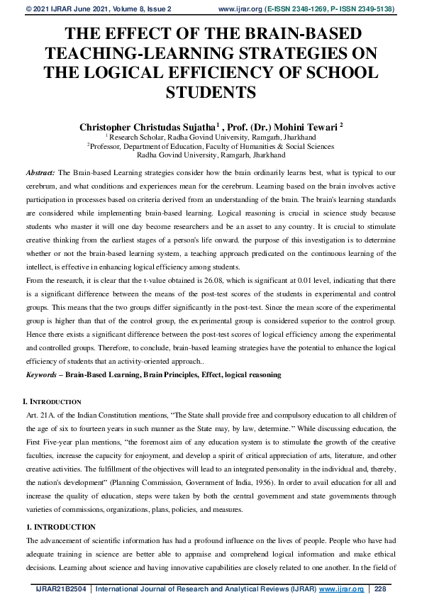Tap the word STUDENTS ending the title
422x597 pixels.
(210, 92)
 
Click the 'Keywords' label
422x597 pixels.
(42, 374)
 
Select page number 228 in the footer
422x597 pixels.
(380, 588)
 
